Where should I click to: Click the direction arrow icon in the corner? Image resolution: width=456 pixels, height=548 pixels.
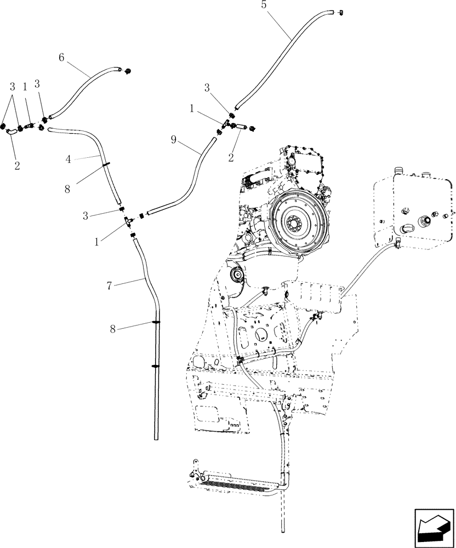coord(431,527)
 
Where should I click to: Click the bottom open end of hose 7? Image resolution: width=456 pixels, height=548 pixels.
coord(156,437)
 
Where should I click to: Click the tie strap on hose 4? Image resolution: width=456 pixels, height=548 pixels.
coord(105,163)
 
